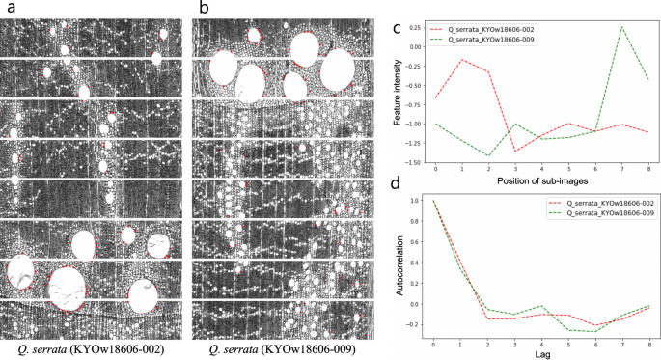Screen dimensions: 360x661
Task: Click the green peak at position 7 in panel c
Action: pos(622,27)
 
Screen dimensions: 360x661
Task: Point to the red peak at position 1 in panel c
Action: pos(461,60)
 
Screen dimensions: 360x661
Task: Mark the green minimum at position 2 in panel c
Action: pos(488,155)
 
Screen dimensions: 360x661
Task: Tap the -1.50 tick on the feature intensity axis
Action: pos(418,162)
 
